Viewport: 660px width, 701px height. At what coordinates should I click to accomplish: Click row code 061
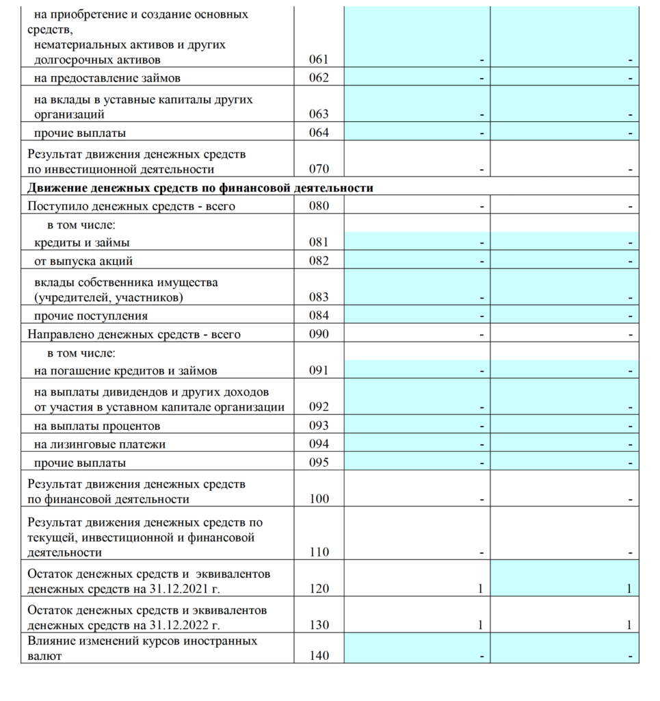[x=319, y=60]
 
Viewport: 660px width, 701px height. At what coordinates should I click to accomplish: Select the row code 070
[x=319, y=169]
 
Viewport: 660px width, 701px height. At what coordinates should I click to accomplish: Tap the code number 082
[x=319, y=261]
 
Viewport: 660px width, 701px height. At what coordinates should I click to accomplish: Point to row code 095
[x=319, y=463]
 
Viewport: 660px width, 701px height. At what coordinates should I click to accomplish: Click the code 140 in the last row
[x=319, y=656]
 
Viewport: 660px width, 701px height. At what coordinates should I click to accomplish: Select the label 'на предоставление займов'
[x=107, y=78]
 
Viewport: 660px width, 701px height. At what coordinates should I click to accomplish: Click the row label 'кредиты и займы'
[x=82, y=242]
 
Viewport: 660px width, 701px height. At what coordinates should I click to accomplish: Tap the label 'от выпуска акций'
[x=83, y=261]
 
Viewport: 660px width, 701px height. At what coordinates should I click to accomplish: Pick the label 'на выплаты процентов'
[x=97, y=426]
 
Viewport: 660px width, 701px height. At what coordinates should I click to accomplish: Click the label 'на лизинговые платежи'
[x=100, y=444]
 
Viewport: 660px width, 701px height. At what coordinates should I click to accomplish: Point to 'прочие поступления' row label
[x=91, y=316]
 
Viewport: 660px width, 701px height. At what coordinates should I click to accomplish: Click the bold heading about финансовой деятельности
[x=200, y=188]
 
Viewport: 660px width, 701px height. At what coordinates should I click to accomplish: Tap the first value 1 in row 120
[x=481, y=589]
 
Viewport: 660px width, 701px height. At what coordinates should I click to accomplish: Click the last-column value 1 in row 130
[x=629, y=625]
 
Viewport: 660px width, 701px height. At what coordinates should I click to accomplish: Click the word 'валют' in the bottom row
[x=44, y=656]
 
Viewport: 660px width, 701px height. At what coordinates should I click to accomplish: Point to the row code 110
[x=319, y=552]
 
